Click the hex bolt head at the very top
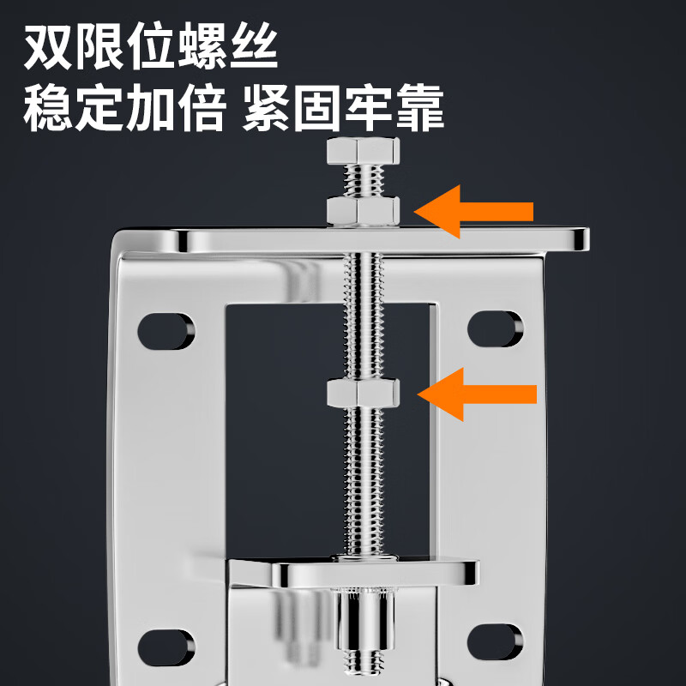coord(363,154)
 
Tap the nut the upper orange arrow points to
coord(363,210)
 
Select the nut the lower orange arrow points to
coord(363,393)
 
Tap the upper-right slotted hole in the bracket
coord(495,328)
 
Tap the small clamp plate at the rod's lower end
coord(375,573)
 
